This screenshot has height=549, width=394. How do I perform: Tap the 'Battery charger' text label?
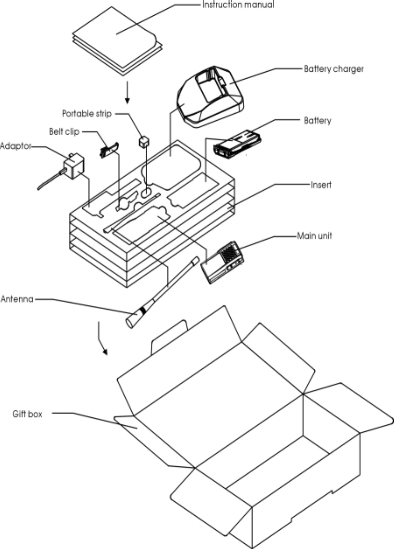334,69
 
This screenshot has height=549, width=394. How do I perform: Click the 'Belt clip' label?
64,132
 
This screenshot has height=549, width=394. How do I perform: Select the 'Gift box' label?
27,414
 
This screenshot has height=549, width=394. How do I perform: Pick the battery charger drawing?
210,96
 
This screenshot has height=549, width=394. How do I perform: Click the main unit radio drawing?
223,261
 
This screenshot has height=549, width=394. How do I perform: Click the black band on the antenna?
141,311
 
